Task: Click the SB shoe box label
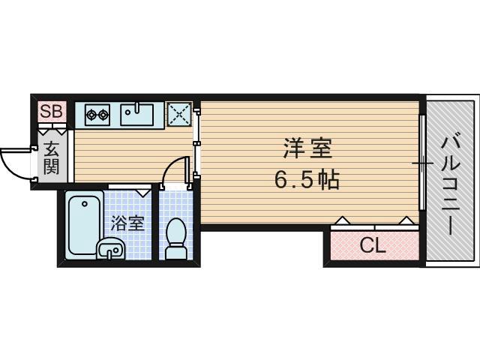click(x=52, y=112)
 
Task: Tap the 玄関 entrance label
click(x=51, y=157)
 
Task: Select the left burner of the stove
click(x=91, y=115)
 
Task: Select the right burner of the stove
click(x=103, y=115)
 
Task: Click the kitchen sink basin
click(x=138, y=115)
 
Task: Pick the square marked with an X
click(x=178, y=114)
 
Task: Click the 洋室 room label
click(x=307, y=148)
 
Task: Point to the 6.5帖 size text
click(x=307, y=180)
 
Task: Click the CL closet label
click(x=372, y=244)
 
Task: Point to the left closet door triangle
click(x=341, y=220)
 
